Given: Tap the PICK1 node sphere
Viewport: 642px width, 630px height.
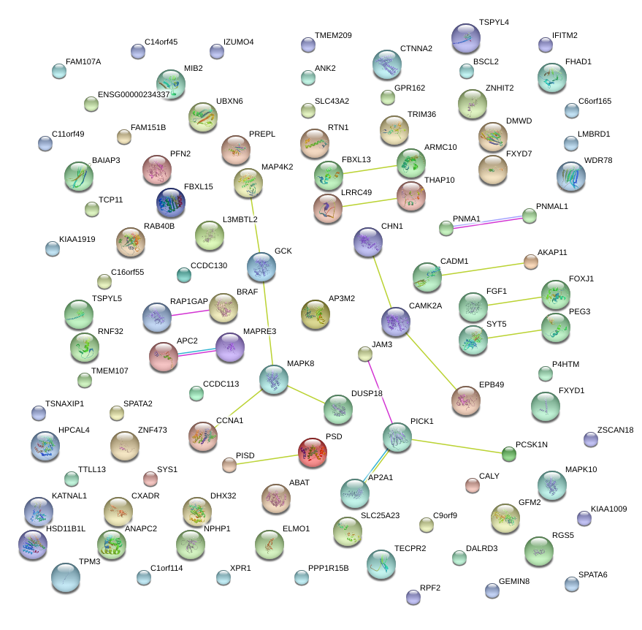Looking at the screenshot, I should pyautogui.click(x=397, y=437).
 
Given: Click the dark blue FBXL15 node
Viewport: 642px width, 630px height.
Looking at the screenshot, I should pyautogui.click(x=170, y=202).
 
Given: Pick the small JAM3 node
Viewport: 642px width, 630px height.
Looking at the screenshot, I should pyautogui.click(x=365, y=354).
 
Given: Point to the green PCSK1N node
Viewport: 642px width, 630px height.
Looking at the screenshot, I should pyautogui.click(x=509, y=454).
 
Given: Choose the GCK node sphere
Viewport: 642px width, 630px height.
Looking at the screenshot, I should pyautogui.click(x=261, y=267).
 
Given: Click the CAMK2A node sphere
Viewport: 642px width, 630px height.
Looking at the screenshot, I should pyautogui.click(x=396, y=322).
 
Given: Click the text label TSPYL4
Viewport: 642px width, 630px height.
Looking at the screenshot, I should pyautogui.click(x=494, y=23).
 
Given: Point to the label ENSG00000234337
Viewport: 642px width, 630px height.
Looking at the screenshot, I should pyautogui.click(x=134, y=94).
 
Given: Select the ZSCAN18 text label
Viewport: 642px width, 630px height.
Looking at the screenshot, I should pyautogui.click(x=615, y=430).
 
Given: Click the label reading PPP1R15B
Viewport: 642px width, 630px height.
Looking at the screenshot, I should pyautogui.click(x=328, y=568).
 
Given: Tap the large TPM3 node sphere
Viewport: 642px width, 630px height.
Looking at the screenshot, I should pyautogui.click(x=66, y=577).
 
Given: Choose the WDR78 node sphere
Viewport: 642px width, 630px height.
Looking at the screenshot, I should pyautogui.click(x=571, y=176).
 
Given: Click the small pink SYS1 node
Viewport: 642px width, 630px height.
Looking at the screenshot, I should pyautogui.click(x=150, y=479).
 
